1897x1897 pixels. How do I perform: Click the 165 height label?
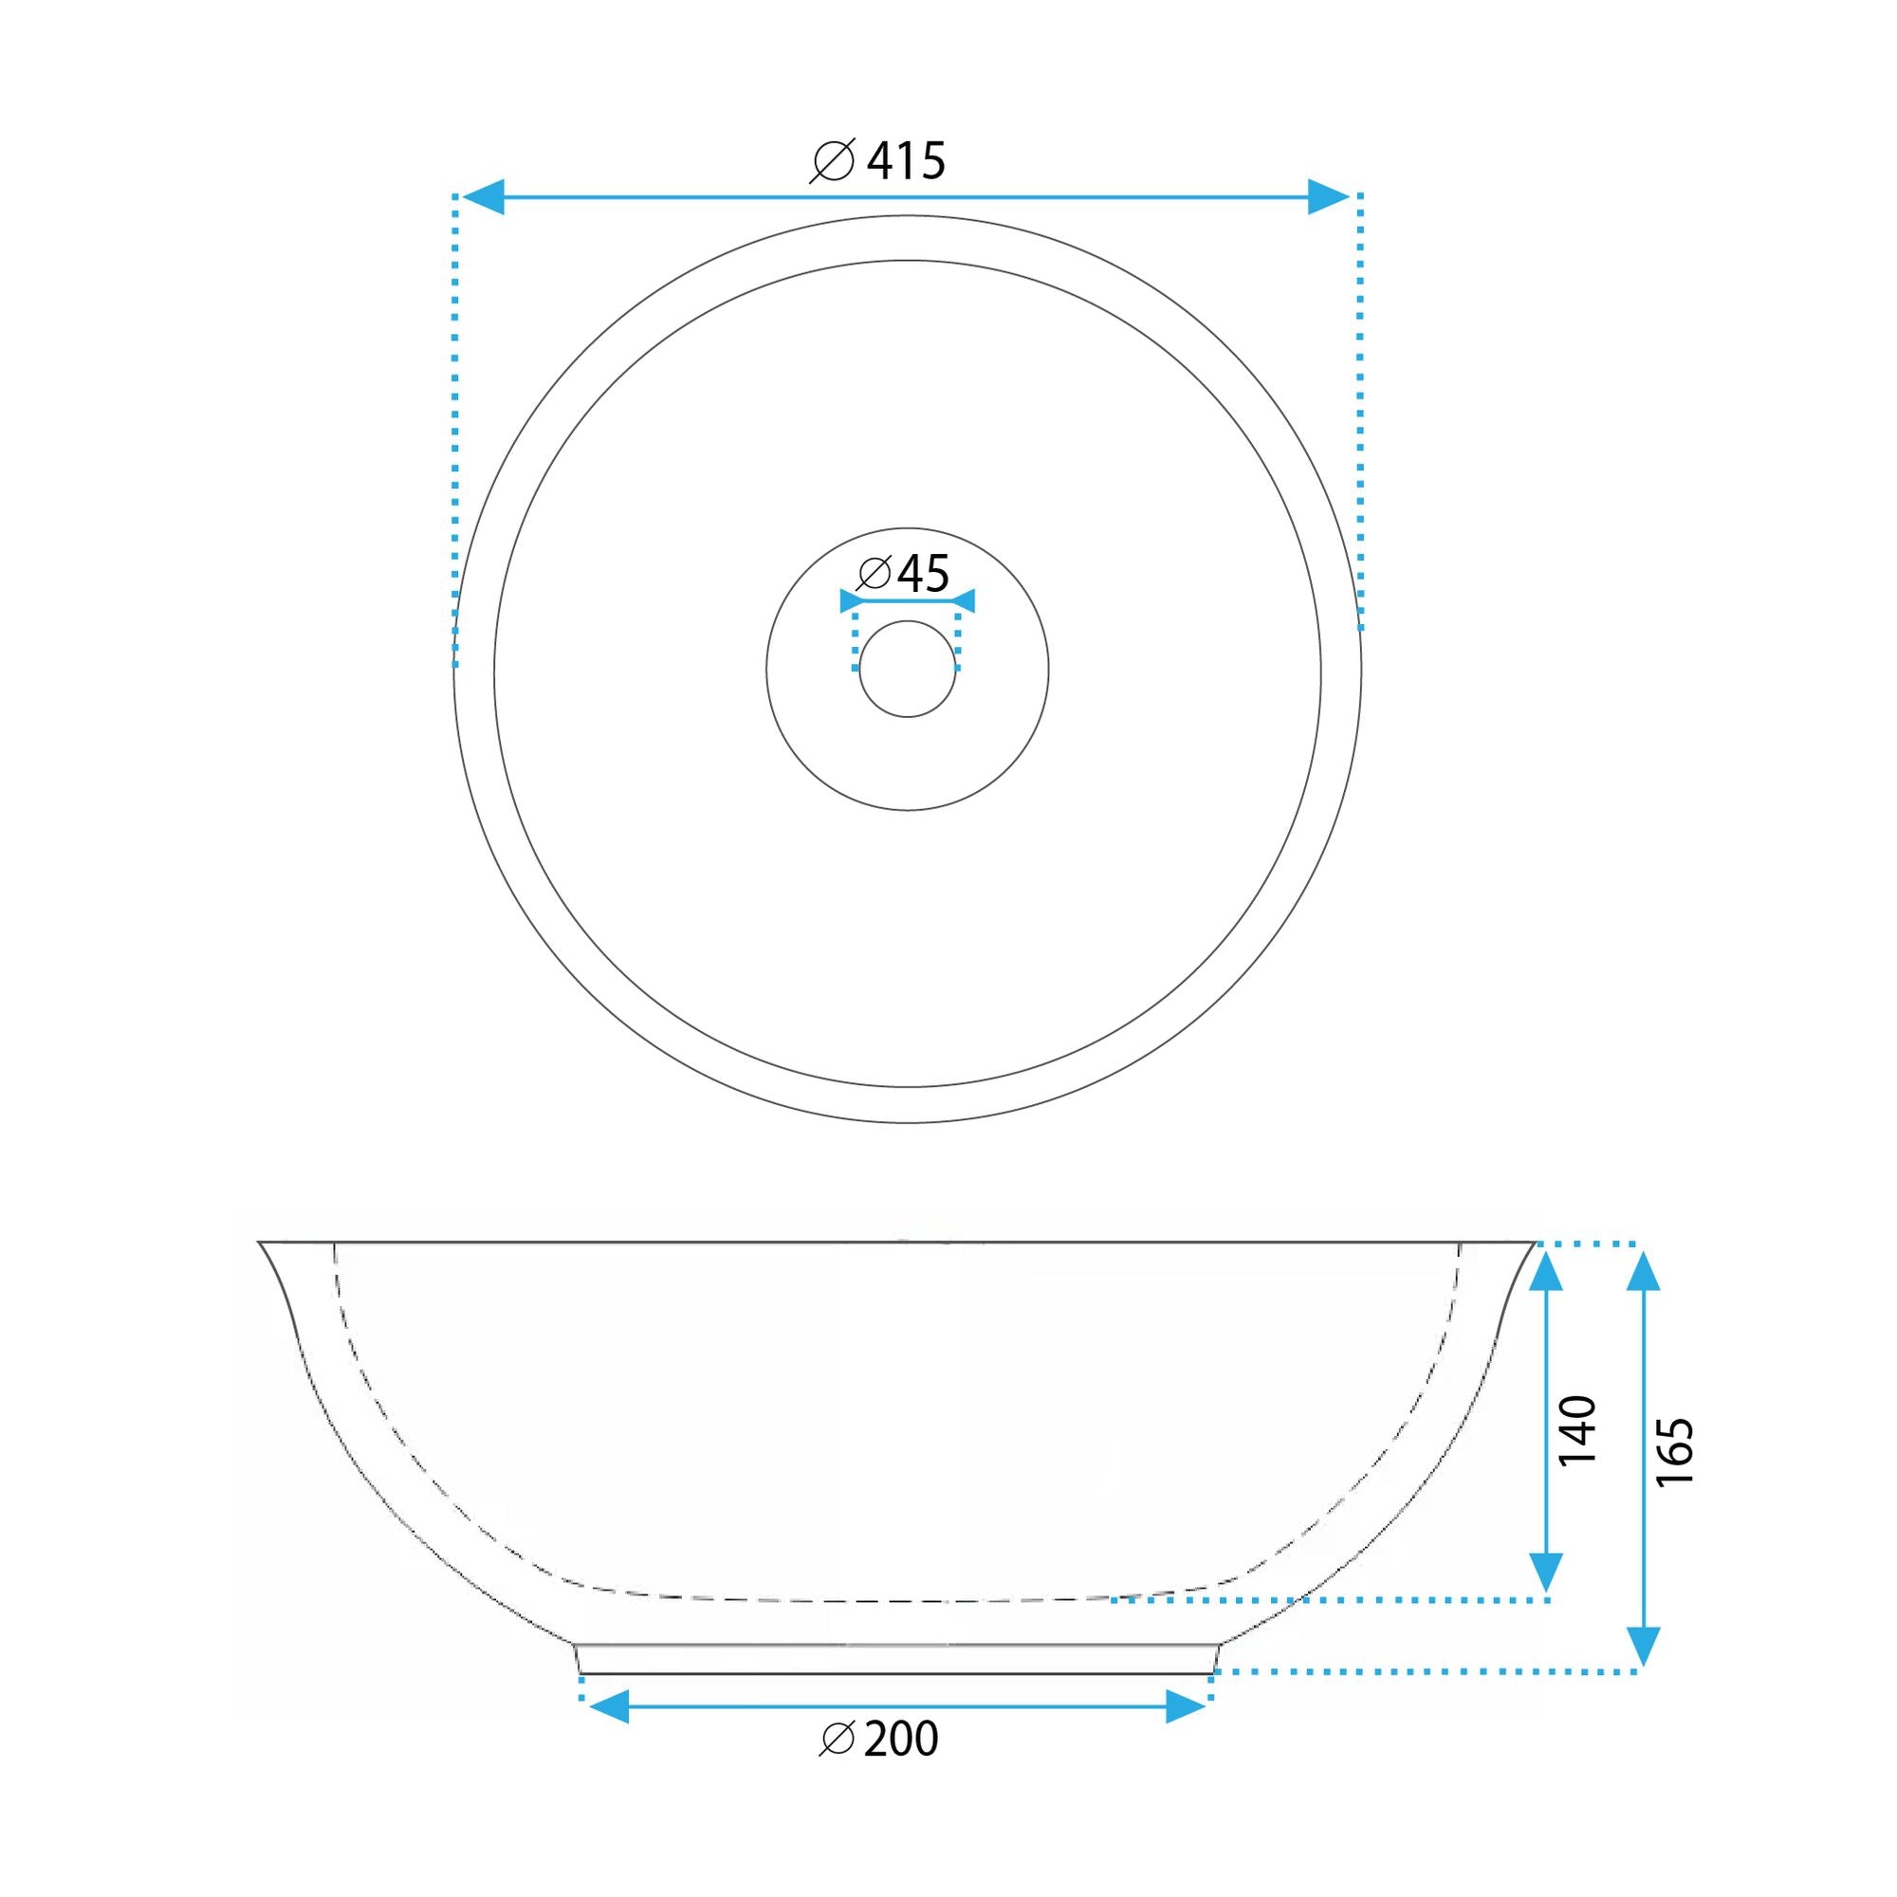coord(1675,1451)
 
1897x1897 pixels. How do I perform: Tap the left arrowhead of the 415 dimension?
coord(483,197)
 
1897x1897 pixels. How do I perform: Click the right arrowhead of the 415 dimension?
coord(1330,197)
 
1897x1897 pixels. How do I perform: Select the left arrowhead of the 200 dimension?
coord(608,1707)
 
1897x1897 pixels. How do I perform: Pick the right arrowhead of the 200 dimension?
coord(1184,1707)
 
